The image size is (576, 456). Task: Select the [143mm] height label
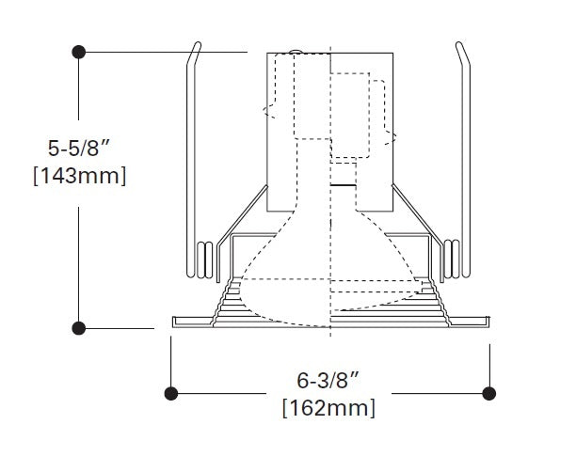[x=79, y=176]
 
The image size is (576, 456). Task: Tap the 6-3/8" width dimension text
[x=328, y=383]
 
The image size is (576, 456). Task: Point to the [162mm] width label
[x=328, y=408]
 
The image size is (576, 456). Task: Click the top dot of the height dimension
[x=79, y=50]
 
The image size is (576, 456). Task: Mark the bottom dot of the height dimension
[x=79, y=327]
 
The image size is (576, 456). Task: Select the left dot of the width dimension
[x=170, y=391]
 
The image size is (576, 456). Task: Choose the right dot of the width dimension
[x=488, y=391]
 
